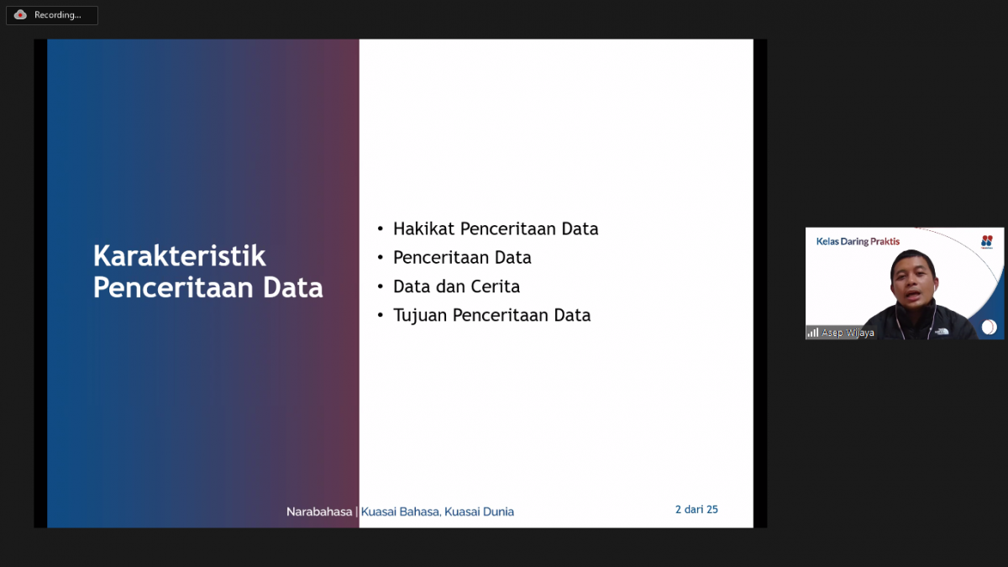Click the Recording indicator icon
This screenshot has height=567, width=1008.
coord(20,15)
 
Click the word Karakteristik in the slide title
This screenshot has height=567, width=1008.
coord(179,255)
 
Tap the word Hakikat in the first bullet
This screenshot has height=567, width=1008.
coord(424,228)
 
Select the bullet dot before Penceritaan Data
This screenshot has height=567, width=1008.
coord(380,258)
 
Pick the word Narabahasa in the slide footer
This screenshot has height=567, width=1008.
coord(319,512)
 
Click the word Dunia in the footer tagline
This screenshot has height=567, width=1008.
coord(496,512)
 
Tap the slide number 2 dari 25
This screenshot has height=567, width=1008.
coord(696,509)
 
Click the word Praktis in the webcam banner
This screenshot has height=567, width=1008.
coord(885,242)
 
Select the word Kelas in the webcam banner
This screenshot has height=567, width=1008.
coord(828,242)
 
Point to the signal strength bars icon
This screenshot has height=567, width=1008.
coord(812,333)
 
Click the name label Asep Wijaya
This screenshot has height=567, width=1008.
coord(848,333)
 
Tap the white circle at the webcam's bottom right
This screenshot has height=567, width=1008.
coord(989,327)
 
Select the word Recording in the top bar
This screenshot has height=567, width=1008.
coord(57,15)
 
